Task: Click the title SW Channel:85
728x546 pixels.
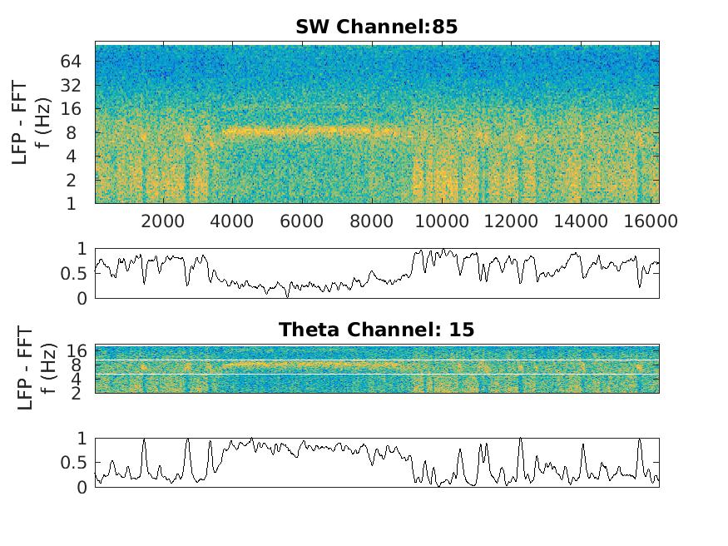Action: tap(376, 27)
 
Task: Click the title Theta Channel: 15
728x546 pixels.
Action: tap(376, 330)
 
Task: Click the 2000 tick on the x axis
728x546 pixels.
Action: tap(163, 221)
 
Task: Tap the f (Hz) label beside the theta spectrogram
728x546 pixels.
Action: tap(46, 368)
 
